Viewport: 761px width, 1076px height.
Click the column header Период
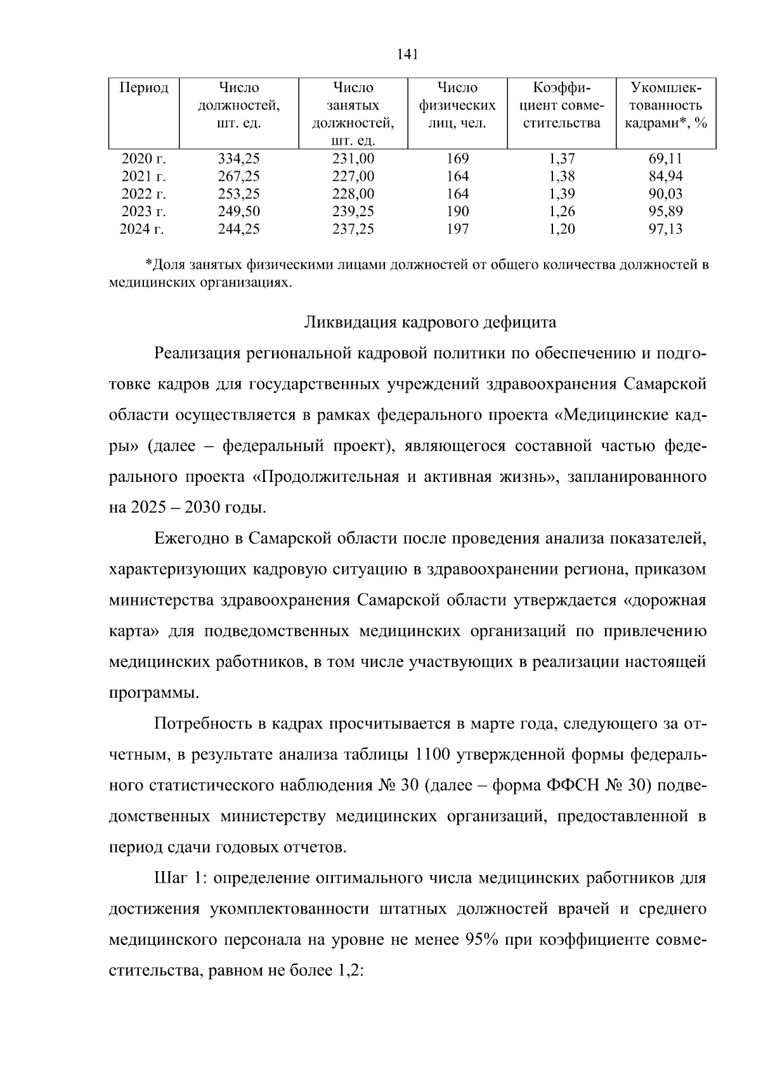[144, 88]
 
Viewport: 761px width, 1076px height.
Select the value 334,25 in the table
[239, 159]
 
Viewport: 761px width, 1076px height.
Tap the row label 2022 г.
[143, 193]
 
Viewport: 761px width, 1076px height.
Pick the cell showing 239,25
[353, 211]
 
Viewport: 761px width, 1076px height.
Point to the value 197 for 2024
[457, 229]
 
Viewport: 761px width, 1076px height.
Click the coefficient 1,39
[561, 193]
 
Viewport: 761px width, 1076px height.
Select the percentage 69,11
[665, 159]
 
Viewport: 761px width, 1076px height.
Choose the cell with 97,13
[665, 229]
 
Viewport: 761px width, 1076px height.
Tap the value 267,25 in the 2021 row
[239, 176]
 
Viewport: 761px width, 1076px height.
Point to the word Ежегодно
[191, 538]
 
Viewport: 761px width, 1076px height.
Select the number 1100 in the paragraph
[432, 755]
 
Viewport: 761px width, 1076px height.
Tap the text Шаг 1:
[180, 878]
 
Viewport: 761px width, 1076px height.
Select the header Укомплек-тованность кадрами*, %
[665, 105]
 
